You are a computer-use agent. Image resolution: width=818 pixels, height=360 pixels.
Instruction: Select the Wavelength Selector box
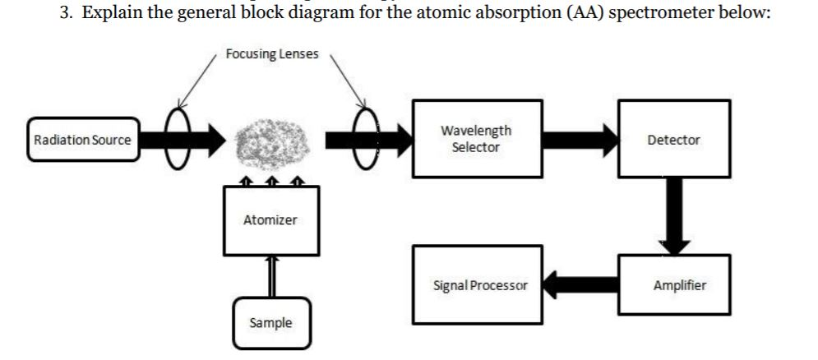[x=477, y=139]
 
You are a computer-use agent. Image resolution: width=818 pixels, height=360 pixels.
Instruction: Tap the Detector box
[x=673, y=140]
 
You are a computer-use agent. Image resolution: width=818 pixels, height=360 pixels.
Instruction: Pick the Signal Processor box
[x=478, y=286]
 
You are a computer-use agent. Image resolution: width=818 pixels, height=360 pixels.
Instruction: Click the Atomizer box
[x=270, y=220]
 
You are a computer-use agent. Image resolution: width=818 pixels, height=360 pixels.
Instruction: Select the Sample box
[x=270, y=323]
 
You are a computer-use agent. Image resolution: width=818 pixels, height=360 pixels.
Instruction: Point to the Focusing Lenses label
[x=272, y=53]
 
